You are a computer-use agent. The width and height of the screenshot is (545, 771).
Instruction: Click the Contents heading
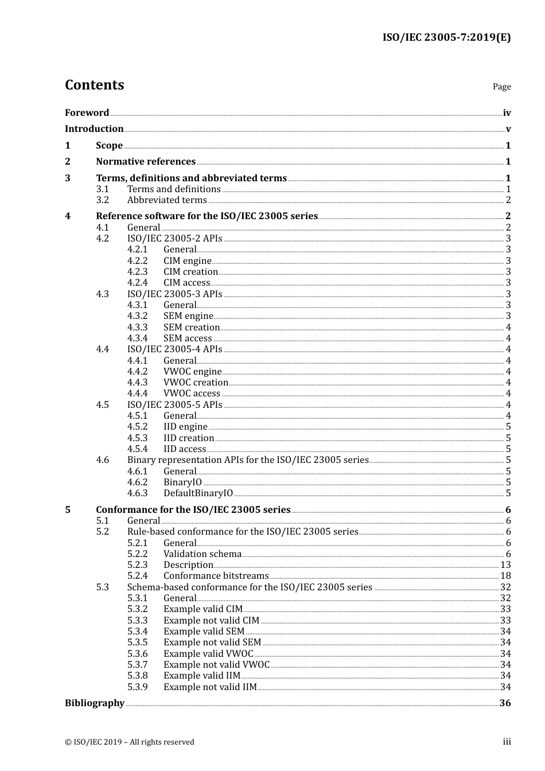94,85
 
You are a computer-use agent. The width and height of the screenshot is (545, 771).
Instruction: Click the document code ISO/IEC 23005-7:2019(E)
446,37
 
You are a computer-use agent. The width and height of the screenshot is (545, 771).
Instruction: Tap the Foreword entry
87,112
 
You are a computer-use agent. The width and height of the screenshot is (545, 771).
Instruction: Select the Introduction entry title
94,128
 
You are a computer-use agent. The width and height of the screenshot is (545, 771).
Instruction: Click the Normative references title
146,161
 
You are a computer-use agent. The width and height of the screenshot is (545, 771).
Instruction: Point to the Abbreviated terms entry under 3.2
167,200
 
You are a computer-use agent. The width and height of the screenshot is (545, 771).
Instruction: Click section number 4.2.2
137,260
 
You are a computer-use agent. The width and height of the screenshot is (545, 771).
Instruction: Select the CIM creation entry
190,271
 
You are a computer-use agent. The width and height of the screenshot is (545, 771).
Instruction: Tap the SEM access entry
188,338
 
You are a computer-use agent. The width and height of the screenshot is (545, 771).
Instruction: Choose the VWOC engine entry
192,371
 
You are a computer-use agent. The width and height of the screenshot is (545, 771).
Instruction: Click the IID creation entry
189,438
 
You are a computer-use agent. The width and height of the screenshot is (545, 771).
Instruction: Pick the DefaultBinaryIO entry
198,493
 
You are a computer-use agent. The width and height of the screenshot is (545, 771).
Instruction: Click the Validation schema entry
203,554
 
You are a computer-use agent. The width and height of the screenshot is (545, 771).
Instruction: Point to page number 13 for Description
505,564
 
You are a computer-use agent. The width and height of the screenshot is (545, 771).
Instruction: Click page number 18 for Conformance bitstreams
505,575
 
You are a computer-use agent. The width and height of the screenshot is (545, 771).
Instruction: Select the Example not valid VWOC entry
216,664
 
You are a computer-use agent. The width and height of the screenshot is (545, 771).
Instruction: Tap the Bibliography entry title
95,703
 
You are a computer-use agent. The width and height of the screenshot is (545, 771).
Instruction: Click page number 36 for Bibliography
505,703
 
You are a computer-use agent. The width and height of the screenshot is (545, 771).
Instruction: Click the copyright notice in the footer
130,742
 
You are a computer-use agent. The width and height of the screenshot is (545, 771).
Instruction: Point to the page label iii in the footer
507,742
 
